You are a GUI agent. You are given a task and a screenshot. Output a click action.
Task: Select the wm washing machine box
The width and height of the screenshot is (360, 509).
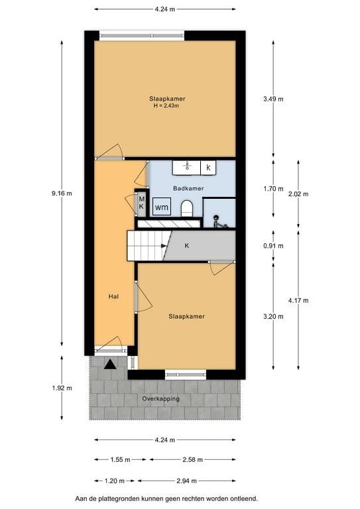tap(161, 207)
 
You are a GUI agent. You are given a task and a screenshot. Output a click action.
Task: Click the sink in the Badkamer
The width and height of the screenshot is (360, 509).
tap(187, 167)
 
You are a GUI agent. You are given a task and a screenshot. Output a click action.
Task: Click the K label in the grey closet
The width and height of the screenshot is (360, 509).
tap(187, 246)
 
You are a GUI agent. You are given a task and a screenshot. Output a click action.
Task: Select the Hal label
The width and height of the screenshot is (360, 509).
tap(113, 296)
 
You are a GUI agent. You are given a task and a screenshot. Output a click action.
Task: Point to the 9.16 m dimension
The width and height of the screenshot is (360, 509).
tap(62, 194)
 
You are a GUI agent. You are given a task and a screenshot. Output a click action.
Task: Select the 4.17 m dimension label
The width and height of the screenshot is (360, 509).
tap(298, 300)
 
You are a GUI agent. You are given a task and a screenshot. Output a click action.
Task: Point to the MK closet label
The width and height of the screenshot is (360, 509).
tap(141, 202)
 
